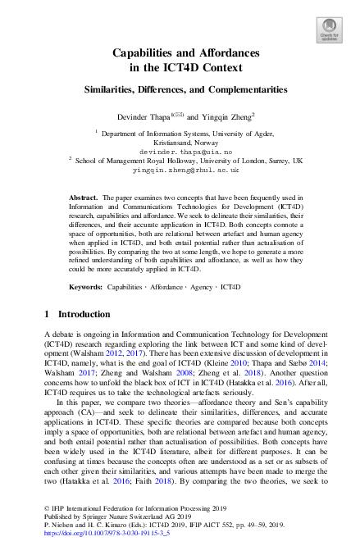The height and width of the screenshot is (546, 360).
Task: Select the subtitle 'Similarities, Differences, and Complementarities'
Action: tap(180, 89)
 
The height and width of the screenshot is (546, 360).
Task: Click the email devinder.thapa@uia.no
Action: tap(180, 152)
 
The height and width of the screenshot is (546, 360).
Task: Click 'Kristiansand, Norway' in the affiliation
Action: tap(180, 142)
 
